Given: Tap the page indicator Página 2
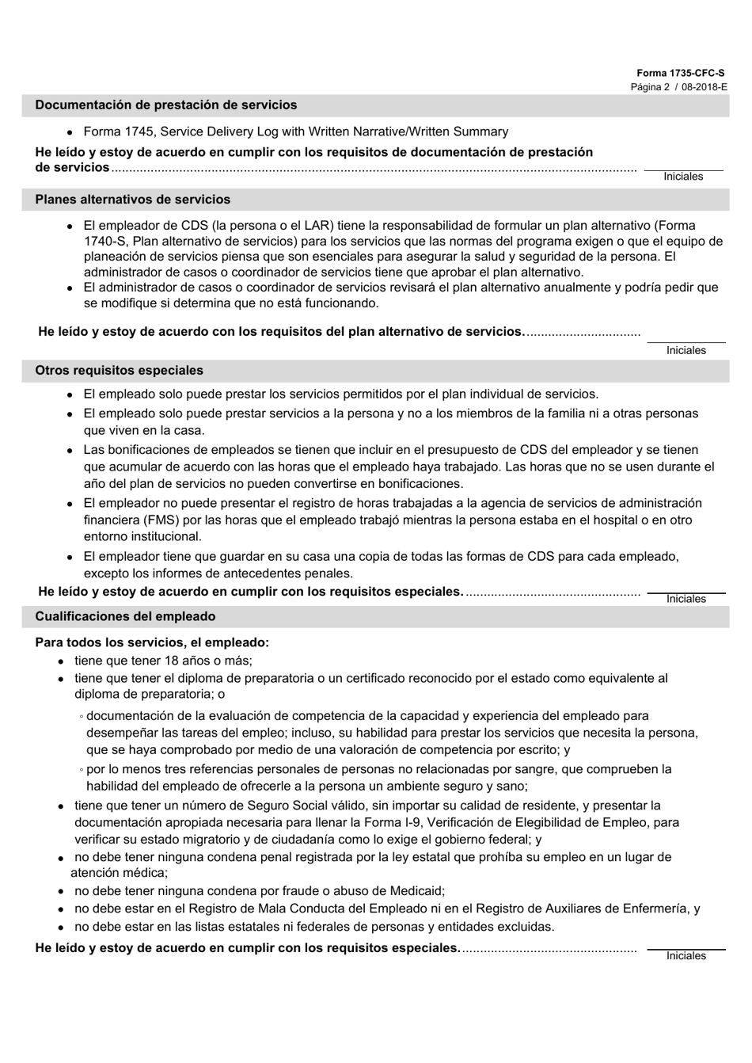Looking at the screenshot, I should click(650, 87).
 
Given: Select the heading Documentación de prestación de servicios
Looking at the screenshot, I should click(166, 105).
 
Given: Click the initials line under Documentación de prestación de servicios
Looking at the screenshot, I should click(683, 169).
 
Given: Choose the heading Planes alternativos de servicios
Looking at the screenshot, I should click(133, 200).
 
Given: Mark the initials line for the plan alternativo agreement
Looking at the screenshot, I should click(686, 341).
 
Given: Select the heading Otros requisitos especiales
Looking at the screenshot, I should click(119, 371).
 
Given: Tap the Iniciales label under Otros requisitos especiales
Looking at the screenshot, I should click(686, 600).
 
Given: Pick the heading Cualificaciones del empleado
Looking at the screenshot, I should click(125, 617).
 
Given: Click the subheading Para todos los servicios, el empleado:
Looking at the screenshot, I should click(152, 643).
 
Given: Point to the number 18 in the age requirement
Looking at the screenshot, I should click(172, 661).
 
